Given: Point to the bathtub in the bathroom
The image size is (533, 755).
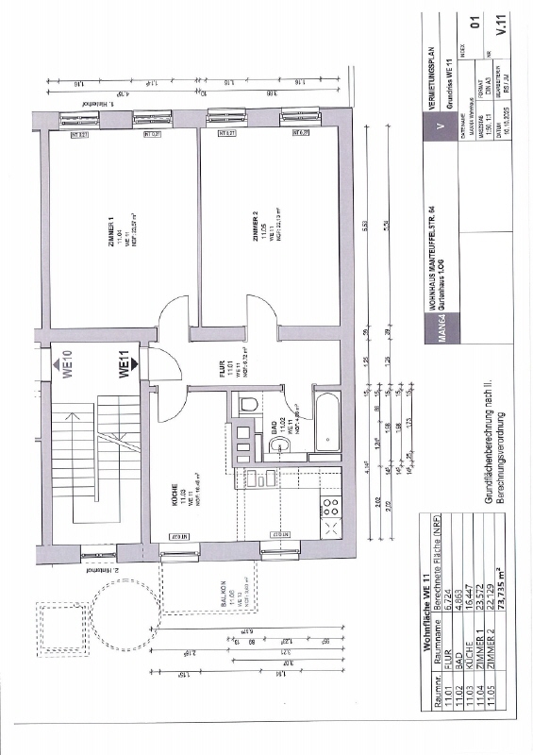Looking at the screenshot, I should (x=326, y=418).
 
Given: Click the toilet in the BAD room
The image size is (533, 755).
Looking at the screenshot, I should (x=249, y=405).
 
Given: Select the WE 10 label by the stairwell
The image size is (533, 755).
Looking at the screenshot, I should (x=66, y=362).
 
